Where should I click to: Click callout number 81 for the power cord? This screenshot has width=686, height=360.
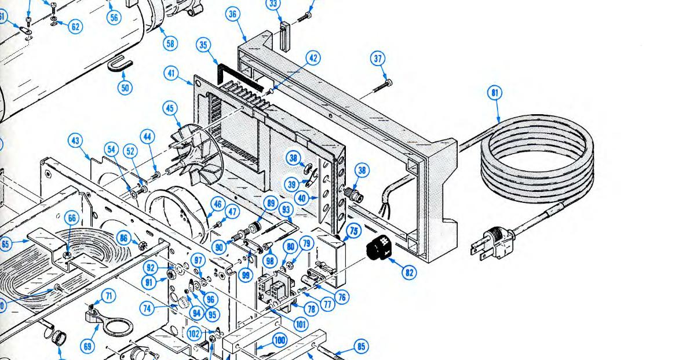pos(495,93)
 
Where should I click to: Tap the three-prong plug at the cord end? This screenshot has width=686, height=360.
pos(493,242)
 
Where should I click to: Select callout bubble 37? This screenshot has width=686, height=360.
pos(378,59)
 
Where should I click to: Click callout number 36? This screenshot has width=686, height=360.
pos(233,14)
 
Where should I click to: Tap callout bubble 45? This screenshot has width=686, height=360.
pos(170,108)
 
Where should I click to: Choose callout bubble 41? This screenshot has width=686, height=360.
pos(170,74)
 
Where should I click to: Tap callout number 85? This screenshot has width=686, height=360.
pos(360,347)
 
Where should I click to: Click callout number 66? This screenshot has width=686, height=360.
pos(71,219)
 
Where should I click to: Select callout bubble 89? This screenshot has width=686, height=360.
pos(270,202)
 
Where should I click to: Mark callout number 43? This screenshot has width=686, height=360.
pos(75,140)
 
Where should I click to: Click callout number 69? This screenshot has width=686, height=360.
pos(87,347)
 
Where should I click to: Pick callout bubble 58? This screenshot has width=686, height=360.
pos(170,43)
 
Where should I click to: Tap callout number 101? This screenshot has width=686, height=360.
pos(301,325)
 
